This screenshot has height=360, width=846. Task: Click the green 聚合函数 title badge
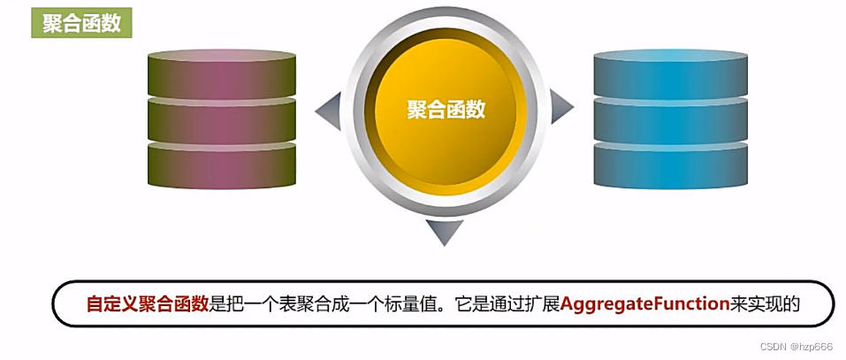[82, 24]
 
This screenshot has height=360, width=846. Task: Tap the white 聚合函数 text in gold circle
[446, 109]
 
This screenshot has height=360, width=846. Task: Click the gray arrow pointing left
[329, 110]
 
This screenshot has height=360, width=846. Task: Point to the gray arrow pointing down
[445, 231]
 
